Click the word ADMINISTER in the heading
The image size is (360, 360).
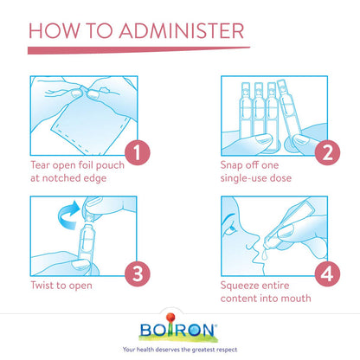[182, 30]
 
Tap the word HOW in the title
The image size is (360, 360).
[54, 30]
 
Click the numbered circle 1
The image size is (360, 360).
[138, 152]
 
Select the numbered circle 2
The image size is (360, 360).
[327, 152]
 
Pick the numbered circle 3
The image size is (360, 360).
[138, 273]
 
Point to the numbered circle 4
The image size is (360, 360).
[327, 273]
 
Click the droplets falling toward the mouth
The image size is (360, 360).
[264, 254]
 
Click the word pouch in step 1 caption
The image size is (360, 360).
[110, 166]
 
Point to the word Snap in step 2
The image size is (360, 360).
[231, 166]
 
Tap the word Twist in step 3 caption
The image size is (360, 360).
[42, 286]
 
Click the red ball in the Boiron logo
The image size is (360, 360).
[170, 318]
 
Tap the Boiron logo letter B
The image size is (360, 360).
[145, 331]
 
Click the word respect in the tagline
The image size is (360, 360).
[227, 350]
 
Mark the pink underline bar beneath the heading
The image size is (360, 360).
[138, 50]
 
